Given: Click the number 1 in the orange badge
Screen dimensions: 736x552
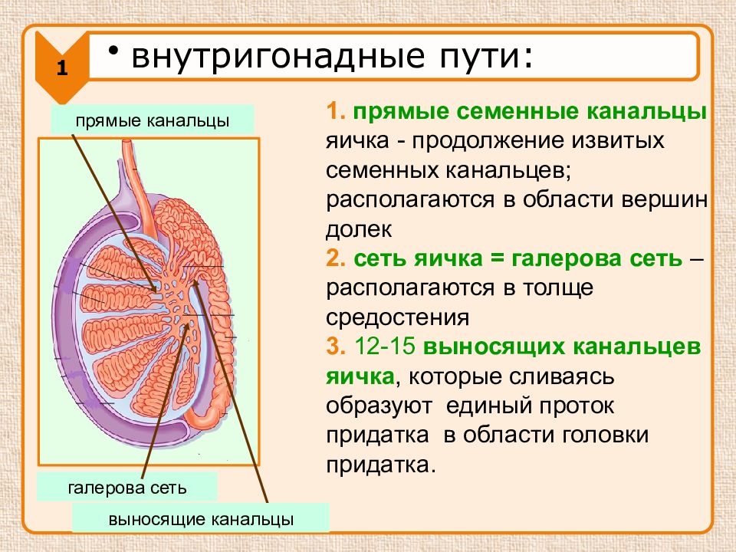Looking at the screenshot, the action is (62, 68).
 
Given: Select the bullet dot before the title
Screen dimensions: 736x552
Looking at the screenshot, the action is (113, 51).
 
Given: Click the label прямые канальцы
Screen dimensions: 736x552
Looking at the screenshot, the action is (153, 120).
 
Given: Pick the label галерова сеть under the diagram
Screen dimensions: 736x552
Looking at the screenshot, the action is (127, 488).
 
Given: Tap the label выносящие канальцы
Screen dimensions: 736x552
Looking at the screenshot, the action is (201, 520).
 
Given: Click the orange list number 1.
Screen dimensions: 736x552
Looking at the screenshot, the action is (336, 112).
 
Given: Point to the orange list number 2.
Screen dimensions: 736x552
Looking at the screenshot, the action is (336, 258).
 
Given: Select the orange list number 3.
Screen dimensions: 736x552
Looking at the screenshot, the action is (336, 347).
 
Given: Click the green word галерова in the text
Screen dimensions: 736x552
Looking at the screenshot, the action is (570, 258).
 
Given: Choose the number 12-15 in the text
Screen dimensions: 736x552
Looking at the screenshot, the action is (385, 347).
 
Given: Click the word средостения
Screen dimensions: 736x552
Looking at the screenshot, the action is (398, 317).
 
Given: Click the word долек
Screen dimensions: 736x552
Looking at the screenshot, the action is (359, 229).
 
